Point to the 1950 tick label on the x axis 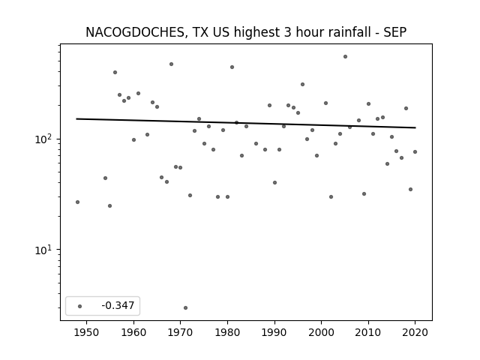pyautogui.click(x=87, y=332)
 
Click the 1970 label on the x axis pyautogui.click(x=180, y=332)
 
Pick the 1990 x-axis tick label pyautogui.click(x=274, y=332)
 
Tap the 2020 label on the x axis pyautogui.click(x=415, y=332)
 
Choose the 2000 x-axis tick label pyautogui.click(x=322, y=332)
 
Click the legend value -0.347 pyautogui.click(x=118, y=305)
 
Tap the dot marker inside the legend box pyautogui.click(x=80, y=306)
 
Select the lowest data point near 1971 pyautogui.click(x=185, y=308)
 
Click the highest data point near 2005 pyautogui.click(x=345, y=57)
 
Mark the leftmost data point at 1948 pyautogui.click(x=77, y=202)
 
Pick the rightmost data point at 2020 pyautogui.click(x=415, y=151)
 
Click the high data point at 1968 pyautogui.click(x=172, y=64)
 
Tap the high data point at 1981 pyautogui.click(x=232, y=67)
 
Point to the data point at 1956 pyautogui.click(x=115, y=73)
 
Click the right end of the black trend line pyautogui.click(x=415, y=127)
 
